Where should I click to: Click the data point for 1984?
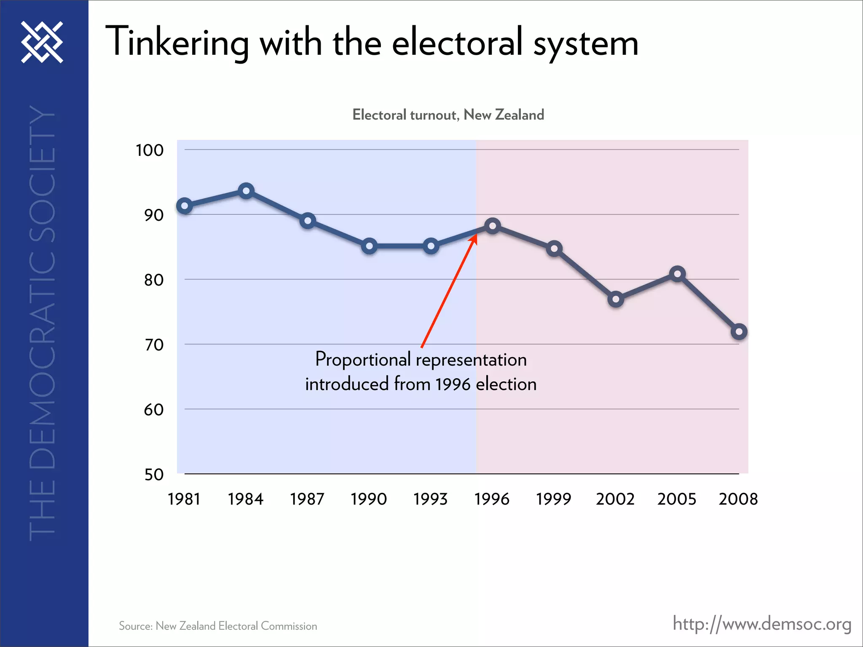246,191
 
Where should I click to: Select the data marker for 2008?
739,332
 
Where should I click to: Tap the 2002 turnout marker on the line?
616,299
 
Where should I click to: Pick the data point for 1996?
492,226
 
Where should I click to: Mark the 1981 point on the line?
185,206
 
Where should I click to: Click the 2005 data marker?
677,274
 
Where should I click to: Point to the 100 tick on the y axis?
150,150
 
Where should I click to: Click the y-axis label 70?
154,345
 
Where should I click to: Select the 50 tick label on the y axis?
154,475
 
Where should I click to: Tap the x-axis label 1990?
369,499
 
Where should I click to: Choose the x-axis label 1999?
553,499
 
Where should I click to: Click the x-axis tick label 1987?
307,499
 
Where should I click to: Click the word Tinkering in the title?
177,42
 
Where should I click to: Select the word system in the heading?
586,44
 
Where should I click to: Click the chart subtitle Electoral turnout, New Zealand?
448,115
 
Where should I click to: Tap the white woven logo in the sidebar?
42,42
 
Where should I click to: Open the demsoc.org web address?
762,624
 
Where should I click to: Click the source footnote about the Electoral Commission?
218,626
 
